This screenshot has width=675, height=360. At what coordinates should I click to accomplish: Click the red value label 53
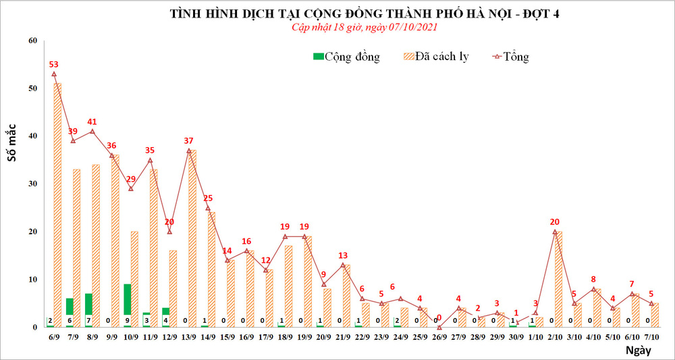tap(54, 64)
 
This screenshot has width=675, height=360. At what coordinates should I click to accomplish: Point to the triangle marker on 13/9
tap(188, 150)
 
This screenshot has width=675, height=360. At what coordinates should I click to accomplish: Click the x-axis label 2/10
tap(555, 336)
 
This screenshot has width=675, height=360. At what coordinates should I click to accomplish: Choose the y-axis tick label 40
tap(31, 136)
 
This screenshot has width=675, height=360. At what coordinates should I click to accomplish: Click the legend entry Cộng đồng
tap(346, 57)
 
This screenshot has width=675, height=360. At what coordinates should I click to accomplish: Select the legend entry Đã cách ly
tap(435, 57)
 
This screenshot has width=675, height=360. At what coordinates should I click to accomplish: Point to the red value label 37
tap(188, 140)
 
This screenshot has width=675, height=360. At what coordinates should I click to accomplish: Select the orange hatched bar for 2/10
tap(559, 279)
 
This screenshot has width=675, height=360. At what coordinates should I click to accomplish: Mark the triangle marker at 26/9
tap(439, 327)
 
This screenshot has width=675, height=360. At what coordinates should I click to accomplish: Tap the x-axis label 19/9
tap(304, 336)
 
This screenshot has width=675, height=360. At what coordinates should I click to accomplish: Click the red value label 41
tap(92, 122)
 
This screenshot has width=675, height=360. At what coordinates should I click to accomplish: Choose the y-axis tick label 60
tap(31, 41)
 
